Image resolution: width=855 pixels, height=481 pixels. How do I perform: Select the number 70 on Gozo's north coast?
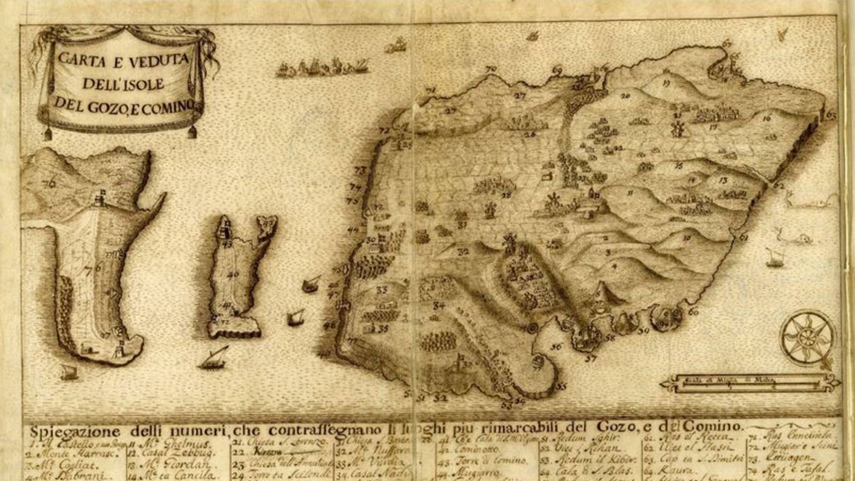[491, 69]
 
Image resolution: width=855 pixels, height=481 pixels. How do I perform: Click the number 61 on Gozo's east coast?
[744, 237]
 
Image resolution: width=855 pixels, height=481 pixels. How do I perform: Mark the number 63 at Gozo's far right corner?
[830, 114]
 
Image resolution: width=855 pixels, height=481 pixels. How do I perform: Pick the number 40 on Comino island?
[233, 275]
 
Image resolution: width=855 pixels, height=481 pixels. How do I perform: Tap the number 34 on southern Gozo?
[439, 306]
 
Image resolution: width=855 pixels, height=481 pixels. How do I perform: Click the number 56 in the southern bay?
[556, 346]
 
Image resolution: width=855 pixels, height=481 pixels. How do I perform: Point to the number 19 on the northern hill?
[665, 83]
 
